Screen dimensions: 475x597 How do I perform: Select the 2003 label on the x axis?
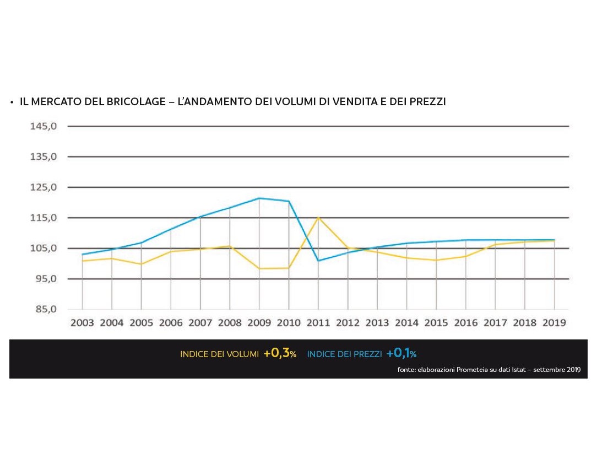[x=82, y=323]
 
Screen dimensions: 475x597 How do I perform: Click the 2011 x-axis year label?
[x=318, y=323]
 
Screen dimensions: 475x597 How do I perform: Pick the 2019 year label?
[x=554, y=323]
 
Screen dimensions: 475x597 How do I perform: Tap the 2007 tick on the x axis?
[x=200, y=323]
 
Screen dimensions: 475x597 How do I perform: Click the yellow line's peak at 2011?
[x=318, y=217]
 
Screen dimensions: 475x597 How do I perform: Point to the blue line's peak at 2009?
[x=259, y=198]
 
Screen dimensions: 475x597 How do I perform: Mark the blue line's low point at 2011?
[x=318, y=261]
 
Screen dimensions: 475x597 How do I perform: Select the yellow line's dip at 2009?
[x=259, y=268]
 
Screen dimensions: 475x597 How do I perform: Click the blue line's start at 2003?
[x=83, y=255]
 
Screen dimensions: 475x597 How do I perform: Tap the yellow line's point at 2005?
[x=142, y=264]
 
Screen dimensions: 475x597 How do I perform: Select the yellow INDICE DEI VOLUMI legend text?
[x=219, y=354]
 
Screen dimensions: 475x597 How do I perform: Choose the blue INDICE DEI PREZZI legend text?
[x=344, y=354]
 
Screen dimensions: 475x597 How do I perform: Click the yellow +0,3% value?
[x=280, y=354]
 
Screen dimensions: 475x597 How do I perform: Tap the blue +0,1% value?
[x=401, y=354]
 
